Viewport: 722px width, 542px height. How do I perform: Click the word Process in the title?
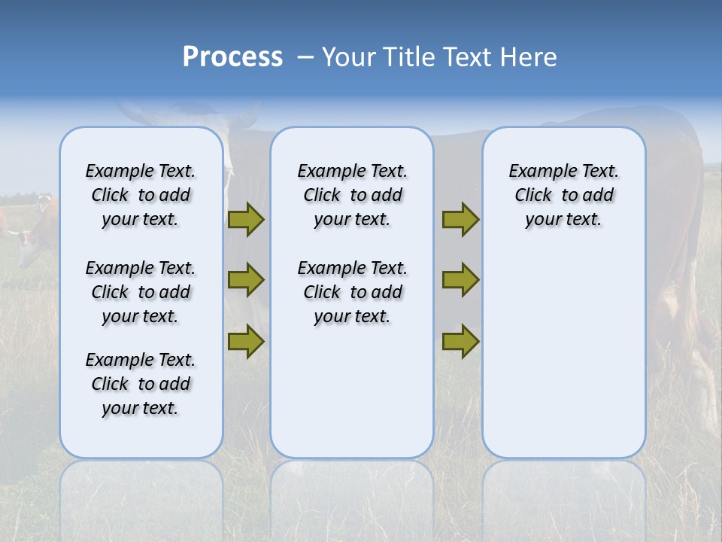click(x=232, y=57)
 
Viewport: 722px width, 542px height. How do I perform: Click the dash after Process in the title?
click(x=305, y=58)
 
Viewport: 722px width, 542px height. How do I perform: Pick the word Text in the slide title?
click(x=466, y=57)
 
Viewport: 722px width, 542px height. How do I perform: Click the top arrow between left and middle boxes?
click(x=246, y=219)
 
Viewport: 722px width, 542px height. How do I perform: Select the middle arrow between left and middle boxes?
click(x=246, y=280)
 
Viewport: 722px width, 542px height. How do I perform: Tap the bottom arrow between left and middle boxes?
click(x=246, y=342)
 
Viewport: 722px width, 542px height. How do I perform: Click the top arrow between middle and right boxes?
click(x=460, y=219)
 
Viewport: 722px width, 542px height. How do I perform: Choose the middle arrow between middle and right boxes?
click(x=460, y=280)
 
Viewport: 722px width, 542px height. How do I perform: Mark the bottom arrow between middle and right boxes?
click(x=460, y=342)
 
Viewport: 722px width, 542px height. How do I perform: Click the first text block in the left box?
click(x=141, y=195)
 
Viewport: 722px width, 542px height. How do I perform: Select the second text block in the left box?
click(x=141, y=292)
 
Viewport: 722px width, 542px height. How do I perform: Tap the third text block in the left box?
click(x=141, y=384)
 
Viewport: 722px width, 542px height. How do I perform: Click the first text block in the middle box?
click(x=352, y=195)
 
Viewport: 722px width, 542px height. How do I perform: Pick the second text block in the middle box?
click(x=352, y=292)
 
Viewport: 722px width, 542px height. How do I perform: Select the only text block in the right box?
click(x=563, y=195)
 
